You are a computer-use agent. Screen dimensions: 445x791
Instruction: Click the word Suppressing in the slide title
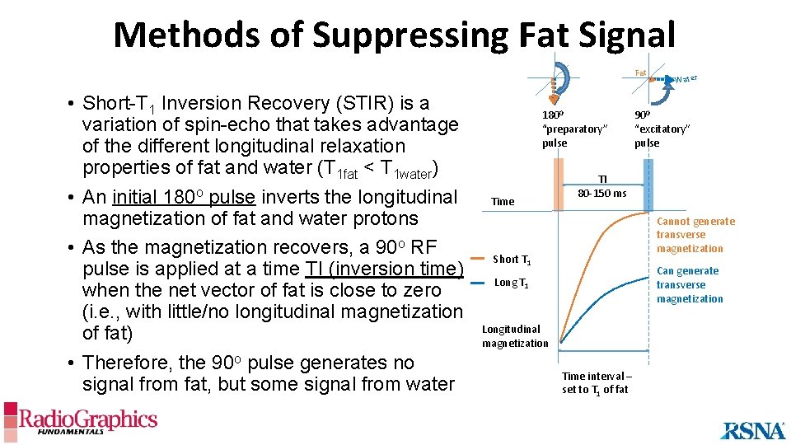click(410, 35)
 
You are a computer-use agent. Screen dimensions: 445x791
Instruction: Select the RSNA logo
click(752, 429)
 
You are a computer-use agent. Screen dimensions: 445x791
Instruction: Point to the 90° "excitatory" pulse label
click(662, 129)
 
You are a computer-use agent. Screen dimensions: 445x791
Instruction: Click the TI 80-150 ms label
click(601, 186)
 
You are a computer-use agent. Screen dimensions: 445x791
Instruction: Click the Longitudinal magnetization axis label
click(514, 335)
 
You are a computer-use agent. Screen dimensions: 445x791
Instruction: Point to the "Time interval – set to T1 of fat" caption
click(595, 382)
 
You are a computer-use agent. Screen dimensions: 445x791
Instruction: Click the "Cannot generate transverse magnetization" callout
click(695, 235)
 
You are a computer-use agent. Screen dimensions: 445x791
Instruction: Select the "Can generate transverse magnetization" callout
click(687, 284)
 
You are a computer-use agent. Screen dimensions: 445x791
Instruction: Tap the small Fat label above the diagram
click(640, 73)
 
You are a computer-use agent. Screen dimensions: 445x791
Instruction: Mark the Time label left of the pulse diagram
click(502, 201)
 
